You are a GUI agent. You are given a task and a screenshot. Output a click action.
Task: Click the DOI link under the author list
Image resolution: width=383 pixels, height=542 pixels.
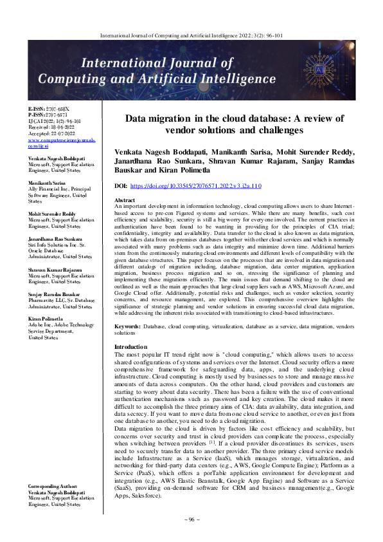[196, 185]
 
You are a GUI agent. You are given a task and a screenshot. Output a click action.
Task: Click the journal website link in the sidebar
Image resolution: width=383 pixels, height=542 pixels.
[53, 142]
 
